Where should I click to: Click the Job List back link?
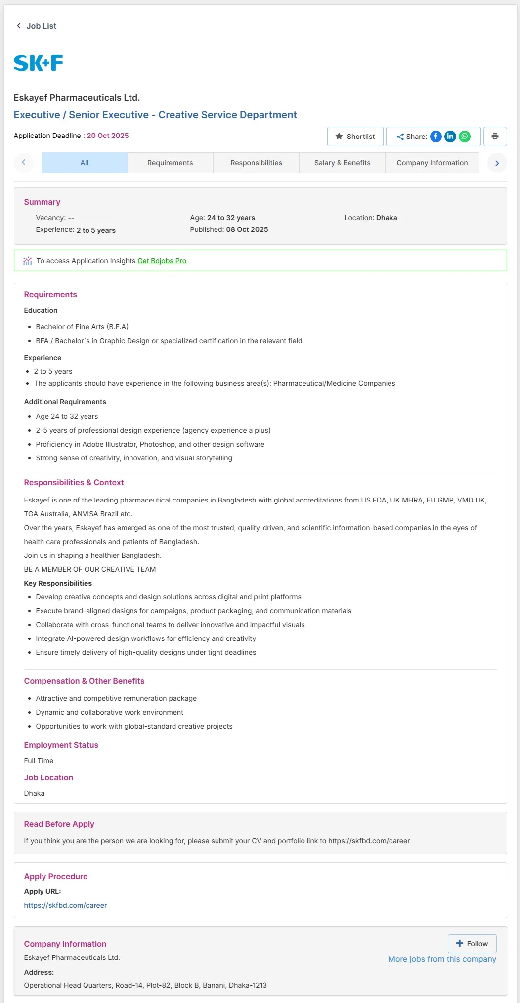[x=37, y=26]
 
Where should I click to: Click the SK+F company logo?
[x=39, y=63]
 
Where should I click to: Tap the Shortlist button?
[x=355, y=137]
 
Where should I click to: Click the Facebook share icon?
[x=435, y=137]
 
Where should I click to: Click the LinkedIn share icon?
[x=450, y=137]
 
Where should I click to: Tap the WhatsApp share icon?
[x=465, y=137]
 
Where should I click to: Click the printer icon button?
[x=495, y=137]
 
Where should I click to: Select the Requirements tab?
[x=170, y=163]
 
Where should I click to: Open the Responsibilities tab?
[x=256, y=163]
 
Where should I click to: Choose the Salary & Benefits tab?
[x=342, y=163]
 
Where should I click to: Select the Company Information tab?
[x=432, y=163]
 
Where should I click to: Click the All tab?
[x=85, y=163]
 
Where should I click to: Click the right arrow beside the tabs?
[x=497, y=163]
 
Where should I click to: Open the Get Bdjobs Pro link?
[x=162, y=261]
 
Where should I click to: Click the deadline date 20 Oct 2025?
[x=108, y=136]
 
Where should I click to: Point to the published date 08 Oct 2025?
[x=247, y=229]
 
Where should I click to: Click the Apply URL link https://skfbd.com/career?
[x=65, y=905]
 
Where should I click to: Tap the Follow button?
[x=472, y=944]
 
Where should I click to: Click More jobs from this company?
[x=442, y=959]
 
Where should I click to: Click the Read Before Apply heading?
[x=59, y=824]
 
